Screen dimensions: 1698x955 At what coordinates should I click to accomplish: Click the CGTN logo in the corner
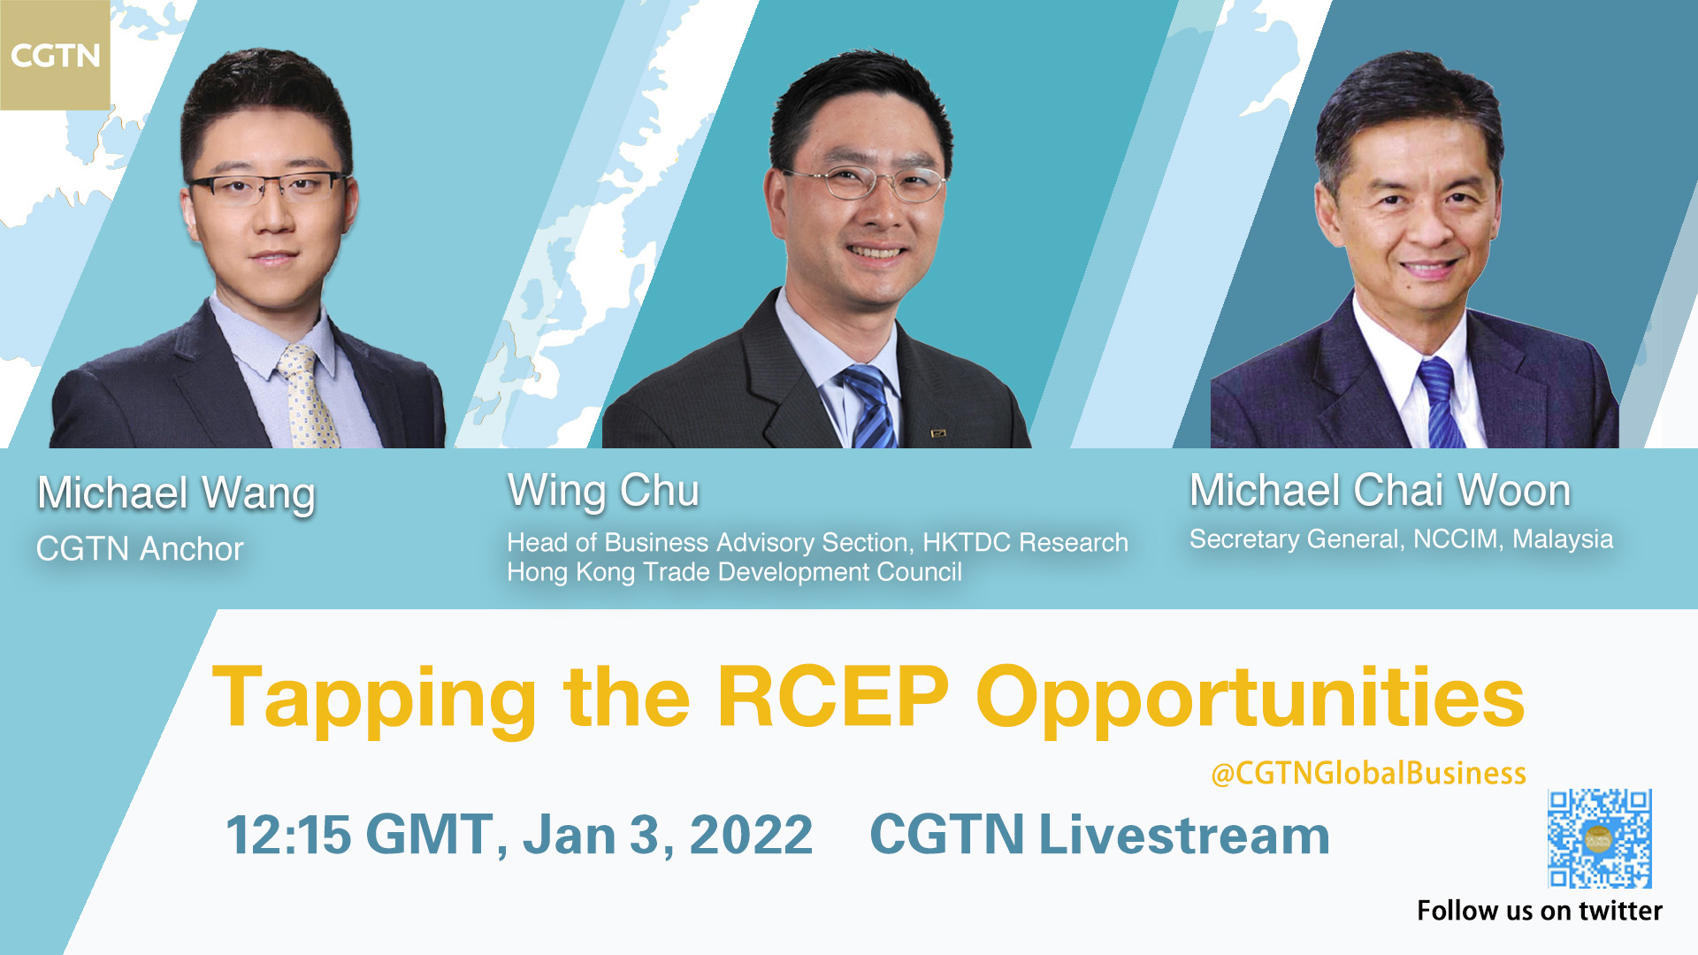tap(55, 55)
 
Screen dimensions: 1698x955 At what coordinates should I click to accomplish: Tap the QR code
tap(1599, 838)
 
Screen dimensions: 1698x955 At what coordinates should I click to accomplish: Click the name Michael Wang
tap(176, 493)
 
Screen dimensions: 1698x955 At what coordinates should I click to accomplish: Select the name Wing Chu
tap(603, 492)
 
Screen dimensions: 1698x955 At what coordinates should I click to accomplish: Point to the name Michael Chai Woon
tap(1380, 490)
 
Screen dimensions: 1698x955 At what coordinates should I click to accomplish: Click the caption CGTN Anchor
tap(140, 549)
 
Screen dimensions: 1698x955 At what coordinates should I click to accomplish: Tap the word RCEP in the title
tap(832, 698)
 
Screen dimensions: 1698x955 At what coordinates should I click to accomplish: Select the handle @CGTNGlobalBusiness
tap(1368, 773)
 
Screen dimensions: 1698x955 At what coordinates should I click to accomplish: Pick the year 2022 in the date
tap(751, 835)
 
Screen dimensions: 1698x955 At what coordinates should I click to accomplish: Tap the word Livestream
tap(1184, 834)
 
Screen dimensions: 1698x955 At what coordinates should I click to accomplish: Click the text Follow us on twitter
tap(1539, 911)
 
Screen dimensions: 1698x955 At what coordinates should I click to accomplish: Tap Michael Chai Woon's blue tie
tap(1440, 402)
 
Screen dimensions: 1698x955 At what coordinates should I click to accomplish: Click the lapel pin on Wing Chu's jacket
tap(937, 433)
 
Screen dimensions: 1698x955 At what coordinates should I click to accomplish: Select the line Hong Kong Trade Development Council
tap(734, 572)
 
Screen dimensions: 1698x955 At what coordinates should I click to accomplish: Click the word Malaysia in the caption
tap(1563, 539)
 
